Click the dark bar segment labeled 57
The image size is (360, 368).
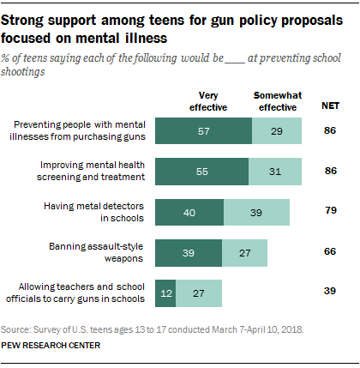click(x=203, y=130)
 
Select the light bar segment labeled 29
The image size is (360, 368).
click(x=277, y=130)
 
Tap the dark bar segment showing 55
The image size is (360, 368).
click(x=202, y=172)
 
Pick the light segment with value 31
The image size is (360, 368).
click(x=275, y=172)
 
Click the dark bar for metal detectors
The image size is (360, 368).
click(x=189, y=213)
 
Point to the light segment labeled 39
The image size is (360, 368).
click(x=256, y=213)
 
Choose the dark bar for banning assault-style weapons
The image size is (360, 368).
click(x=189, y=253)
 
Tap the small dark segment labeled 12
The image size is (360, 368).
click(x=165, y=293)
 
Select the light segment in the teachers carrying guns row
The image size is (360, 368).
click(x=199, y=293)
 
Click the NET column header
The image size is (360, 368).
click(x=331, y=106)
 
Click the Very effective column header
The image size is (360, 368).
click(x=208, y=101)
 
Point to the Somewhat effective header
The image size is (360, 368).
click(x=278, y=101)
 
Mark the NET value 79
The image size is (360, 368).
click(x=331, y=210)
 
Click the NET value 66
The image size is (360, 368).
click(x=330, y=251)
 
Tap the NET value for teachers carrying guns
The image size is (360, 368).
click(x=330, y=291)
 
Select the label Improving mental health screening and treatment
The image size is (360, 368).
click(x=91, y=171)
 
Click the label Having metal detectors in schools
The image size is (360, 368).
click(x=93, y=212)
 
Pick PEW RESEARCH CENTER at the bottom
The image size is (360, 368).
click(x=51, y=346)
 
